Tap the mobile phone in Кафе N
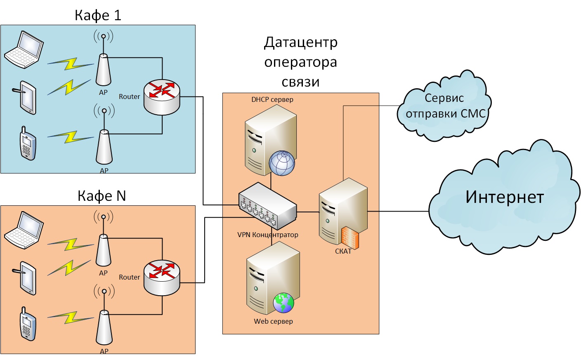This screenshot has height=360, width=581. click(x=28, y=324)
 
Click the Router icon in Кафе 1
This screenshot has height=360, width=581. click(x=162, y=97)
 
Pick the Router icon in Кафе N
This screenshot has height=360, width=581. click(x=162, y=278)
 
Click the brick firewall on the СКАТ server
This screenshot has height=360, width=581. click(x=350, y=238)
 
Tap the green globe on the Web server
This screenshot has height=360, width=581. click(x=283, y=303)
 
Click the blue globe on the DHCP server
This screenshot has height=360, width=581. click(x=282, y=163)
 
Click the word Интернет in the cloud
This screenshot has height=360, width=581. click(x=504, y=197)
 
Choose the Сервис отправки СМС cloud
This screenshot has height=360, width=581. click(x=445, y=106)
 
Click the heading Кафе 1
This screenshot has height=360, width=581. click(x=98, y=15)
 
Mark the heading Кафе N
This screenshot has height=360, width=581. click(x=102, y=196)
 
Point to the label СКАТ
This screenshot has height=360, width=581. click(x=343, y=251)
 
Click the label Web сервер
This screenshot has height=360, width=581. click(x=273, y=321)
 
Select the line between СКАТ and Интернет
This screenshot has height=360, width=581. click(x=398, y=211)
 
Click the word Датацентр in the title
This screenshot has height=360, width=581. click(x=301, y=42)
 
